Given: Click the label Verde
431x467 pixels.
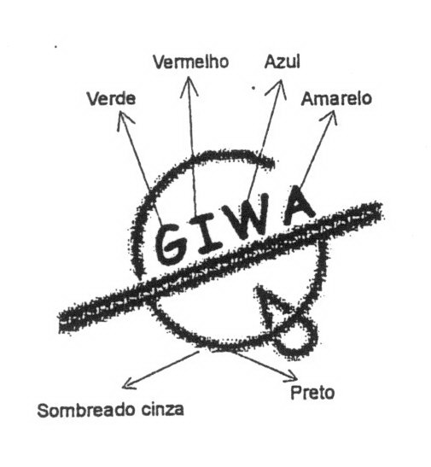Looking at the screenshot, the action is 111,98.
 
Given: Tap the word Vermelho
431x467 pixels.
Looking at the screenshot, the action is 191,61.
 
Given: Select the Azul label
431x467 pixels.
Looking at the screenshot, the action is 282,61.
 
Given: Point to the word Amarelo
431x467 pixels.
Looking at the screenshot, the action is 336,98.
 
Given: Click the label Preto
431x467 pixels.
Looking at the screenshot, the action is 312,392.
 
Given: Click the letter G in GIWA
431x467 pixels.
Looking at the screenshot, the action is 172,244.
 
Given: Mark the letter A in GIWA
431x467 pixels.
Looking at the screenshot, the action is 299,206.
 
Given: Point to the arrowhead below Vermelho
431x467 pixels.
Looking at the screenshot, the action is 189,86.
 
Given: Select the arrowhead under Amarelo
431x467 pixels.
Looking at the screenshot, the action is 329,118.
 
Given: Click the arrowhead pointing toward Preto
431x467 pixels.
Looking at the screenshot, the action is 291,377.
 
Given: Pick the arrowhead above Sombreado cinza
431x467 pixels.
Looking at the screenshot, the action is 129,383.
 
